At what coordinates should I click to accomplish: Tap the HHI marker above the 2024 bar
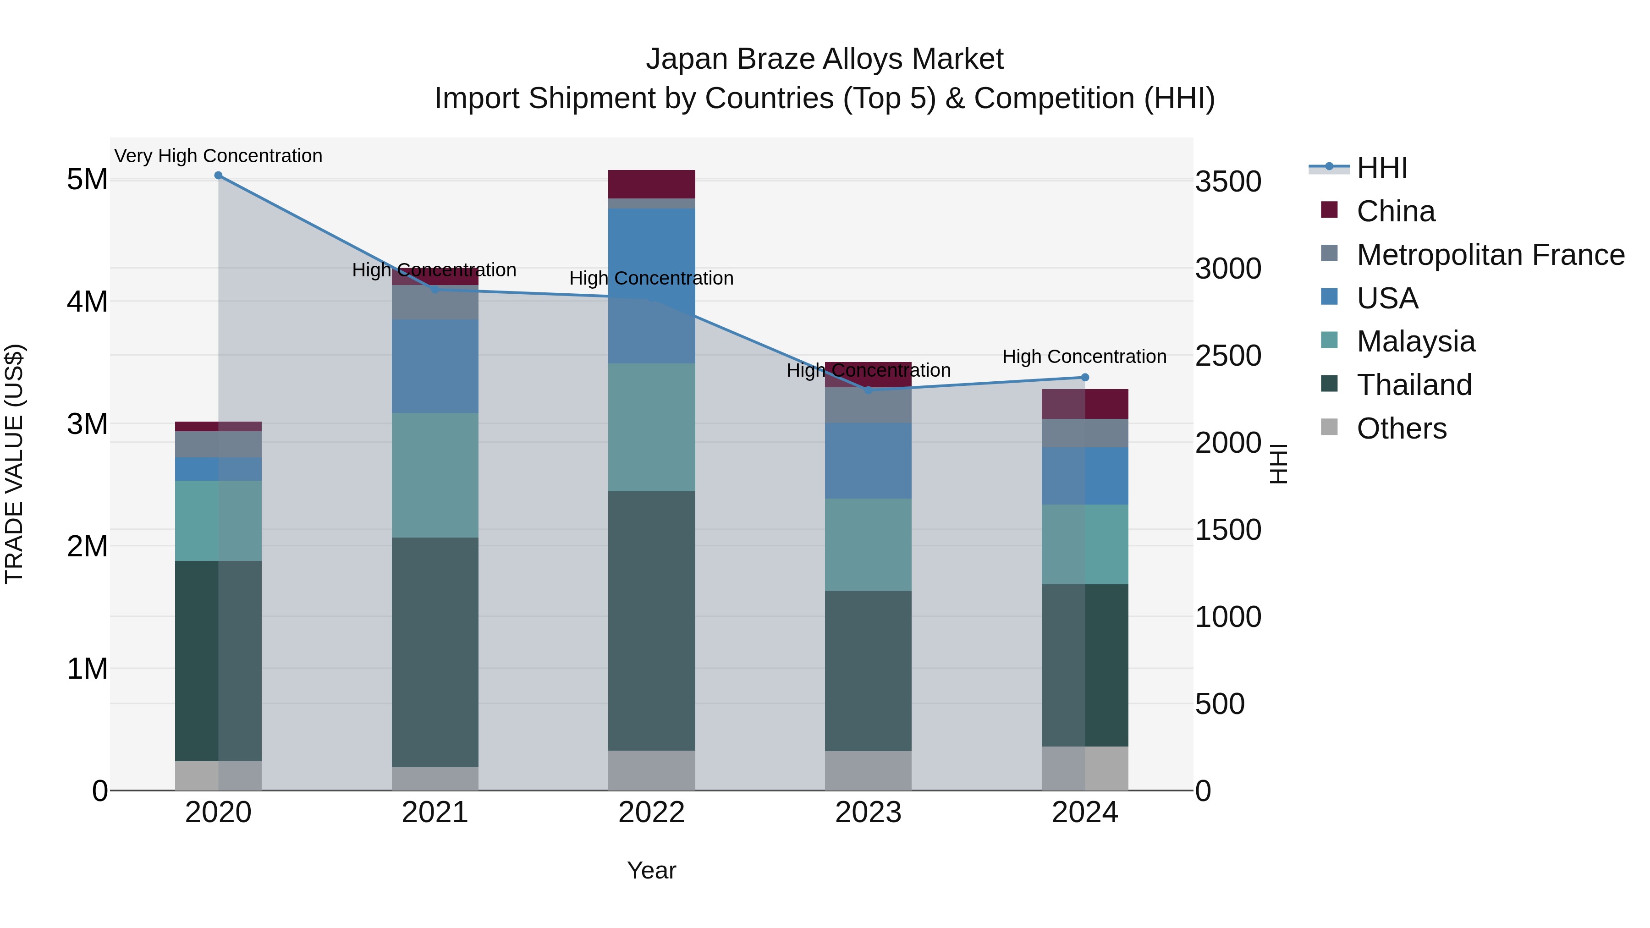tap(1084, 377)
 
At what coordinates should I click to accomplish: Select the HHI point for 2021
tap(435, 290)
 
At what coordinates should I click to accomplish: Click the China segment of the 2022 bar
tap(651, 184)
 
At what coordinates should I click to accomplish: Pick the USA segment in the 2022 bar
tap(651, 286)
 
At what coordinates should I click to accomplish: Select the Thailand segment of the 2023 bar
tap(868, 670)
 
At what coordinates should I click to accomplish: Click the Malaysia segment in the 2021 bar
tap(435, 475)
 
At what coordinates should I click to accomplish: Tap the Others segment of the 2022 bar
tap(651, 770)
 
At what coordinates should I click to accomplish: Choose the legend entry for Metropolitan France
tap(1490, 255)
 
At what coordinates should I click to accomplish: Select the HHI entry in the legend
tap(1381, 168)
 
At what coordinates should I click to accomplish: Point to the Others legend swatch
tap(1329, 427)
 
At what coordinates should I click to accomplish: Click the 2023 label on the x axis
tap(868, 813)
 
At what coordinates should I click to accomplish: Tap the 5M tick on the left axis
tap(87, 180)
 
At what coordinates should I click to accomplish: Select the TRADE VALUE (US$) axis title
tap(14, 464)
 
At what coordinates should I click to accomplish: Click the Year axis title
tap(651, 870)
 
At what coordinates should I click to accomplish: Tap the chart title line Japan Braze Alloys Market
tap(825, 59)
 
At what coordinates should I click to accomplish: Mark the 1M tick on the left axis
tap(87, 669)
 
